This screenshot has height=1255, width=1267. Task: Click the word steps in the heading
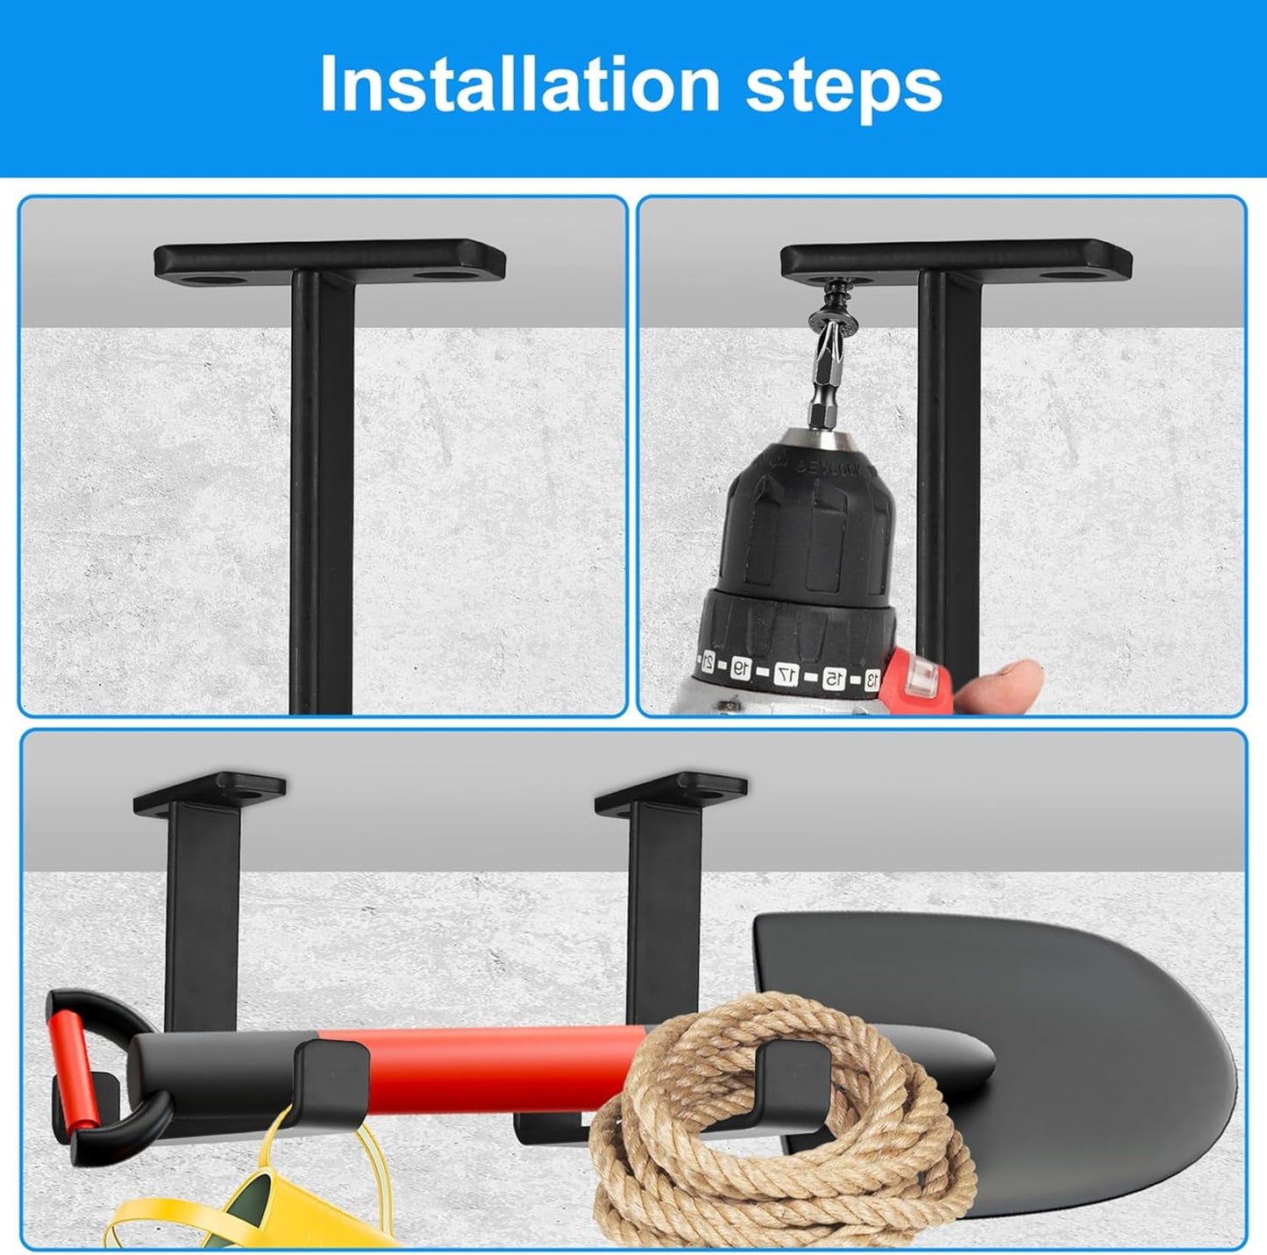click(x=843, y=84)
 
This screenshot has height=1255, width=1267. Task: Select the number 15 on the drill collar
click(x=832, y=677)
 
